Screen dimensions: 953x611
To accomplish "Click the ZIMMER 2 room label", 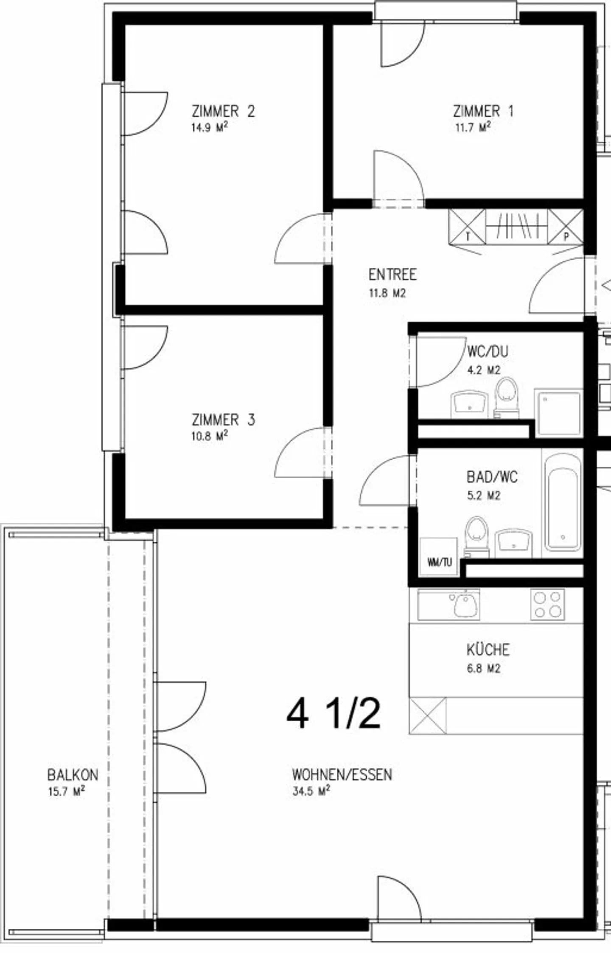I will tap(223, 112).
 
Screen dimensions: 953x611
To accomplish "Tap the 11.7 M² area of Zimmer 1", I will tap(473, 127).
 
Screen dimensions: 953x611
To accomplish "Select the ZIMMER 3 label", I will tap(223, 420).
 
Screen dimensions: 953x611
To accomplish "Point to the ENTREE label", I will tap(392, 275).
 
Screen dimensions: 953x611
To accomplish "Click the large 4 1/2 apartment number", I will tap(334, 714).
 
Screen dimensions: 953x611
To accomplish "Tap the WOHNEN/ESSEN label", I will tap(342, 775).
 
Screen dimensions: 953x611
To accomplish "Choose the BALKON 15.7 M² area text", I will tap(67, 791).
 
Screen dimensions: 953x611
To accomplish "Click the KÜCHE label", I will tap(488, 650).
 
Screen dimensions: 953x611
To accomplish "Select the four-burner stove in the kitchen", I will tap(547, 604).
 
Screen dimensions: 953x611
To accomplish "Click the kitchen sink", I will tap(465, 604).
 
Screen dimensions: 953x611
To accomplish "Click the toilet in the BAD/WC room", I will tap(476, 535).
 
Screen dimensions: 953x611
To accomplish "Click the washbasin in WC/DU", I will tap(469, 404).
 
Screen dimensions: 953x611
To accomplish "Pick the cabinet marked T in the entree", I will tap(467, 227).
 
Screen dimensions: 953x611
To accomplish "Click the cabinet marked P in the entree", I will tap(566, 227).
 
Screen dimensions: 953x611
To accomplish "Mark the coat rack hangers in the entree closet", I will tap(516, 227).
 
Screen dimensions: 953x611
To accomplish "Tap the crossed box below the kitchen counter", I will tap(428, 716).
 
